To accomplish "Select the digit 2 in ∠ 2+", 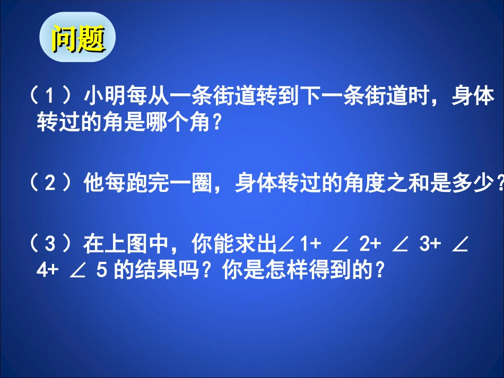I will coord(364,245).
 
